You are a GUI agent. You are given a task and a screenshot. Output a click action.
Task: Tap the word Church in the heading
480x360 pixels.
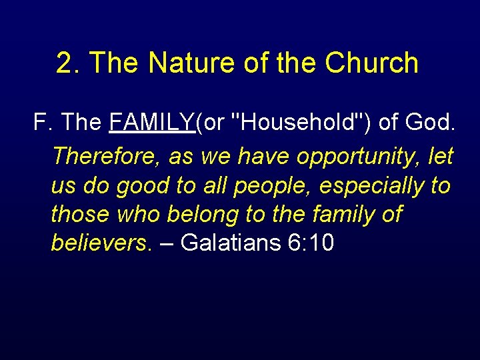tap(372, 63)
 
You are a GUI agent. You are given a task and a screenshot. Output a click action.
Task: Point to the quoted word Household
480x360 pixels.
tap(295, 123)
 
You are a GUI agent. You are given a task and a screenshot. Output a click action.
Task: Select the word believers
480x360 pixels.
tap(100, 243)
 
